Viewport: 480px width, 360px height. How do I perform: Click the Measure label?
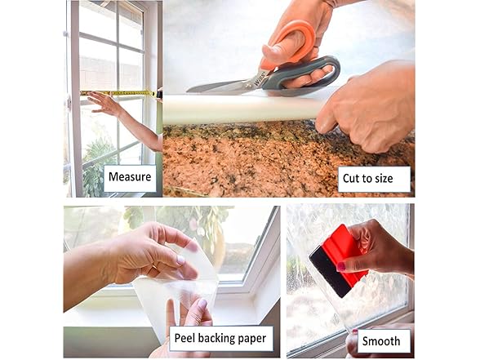130,178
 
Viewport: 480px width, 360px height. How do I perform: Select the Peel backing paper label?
221,339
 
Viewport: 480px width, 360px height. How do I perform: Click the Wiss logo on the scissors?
256,80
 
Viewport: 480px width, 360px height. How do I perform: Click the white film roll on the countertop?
242,109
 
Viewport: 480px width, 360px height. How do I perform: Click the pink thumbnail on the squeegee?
341,267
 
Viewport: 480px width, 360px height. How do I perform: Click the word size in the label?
384,179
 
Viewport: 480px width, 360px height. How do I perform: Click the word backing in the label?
216,339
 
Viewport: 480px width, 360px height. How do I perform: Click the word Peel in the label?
184,338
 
